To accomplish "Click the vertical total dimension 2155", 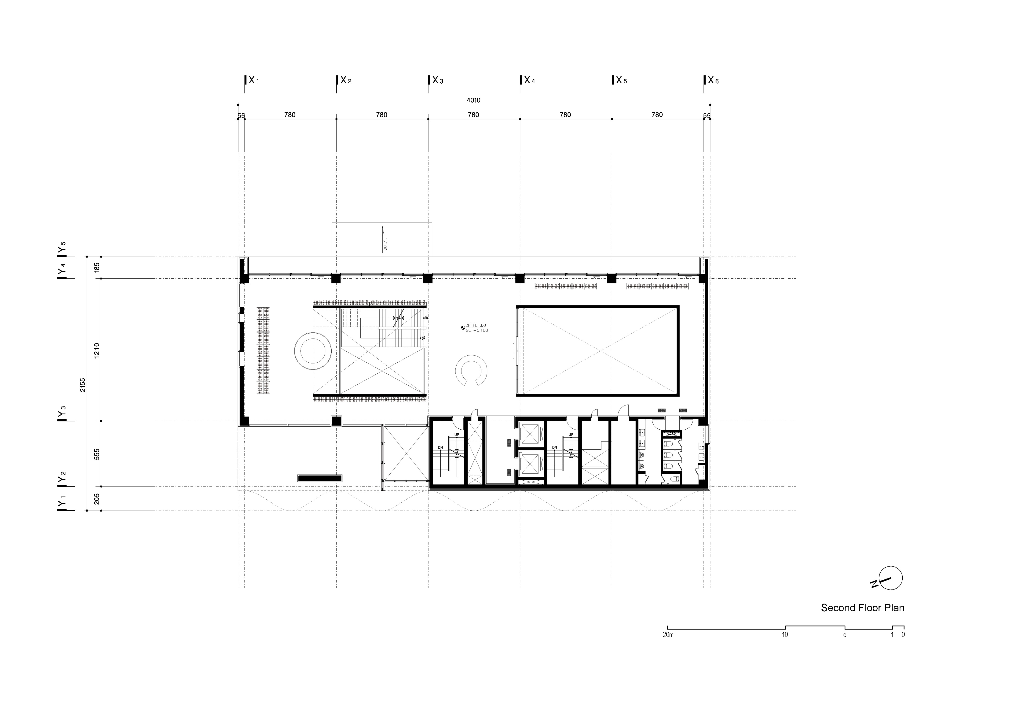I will pos(82,385).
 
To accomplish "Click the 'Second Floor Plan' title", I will pos(862,608).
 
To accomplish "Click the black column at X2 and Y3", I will pos(336,421).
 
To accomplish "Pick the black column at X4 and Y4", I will pos(520,278).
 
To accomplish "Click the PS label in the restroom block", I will pos(671,434).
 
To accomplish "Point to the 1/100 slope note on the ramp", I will pos(385,244).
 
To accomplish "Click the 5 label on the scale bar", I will pos(845,635).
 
